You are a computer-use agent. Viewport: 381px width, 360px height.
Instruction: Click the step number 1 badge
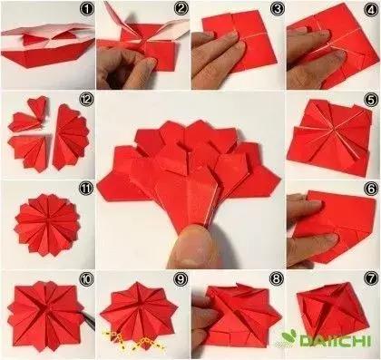point(87,9)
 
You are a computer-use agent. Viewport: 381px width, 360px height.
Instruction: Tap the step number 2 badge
point(181,9)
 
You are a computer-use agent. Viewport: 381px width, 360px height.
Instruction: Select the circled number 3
point(277,9)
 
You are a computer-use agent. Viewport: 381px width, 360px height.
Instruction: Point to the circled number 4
point(371,10)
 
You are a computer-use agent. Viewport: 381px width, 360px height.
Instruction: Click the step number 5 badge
point(371,101)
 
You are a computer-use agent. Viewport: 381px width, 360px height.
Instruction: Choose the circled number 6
point(371,190)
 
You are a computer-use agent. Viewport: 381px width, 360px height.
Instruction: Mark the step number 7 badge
point(371,278)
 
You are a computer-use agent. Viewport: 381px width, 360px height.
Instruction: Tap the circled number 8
point(277,278)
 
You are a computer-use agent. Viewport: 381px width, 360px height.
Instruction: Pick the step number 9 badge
point(181,279)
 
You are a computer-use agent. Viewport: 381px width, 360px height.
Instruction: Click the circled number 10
point(86,279)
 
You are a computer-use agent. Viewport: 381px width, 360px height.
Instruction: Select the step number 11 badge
point(86,190)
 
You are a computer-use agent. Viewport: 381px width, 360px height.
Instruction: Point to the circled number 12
point(86,100)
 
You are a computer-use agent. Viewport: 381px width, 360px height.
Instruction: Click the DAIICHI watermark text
point(335,340)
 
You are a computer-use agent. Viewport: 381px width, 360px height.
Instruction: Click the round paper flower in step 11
point(47,225)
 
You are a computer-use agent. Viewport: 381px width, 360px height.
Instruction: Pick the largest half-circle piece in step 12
point(72,138)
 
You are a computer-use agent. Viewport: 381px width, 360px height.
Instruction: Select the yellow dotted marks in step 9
point(133,341)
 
